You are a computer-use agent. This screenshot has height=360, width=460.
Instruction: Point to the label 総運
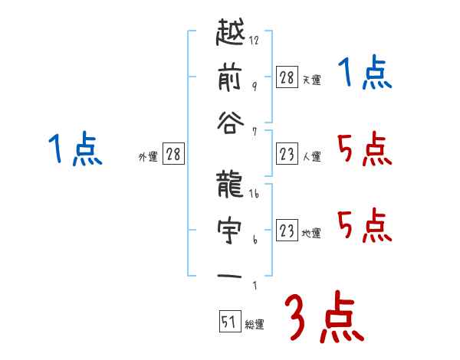pyautogui.click(x=255, y=325)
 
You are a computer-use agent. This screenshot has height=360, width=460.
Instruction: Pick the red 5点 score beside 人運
pyautogui.click(x=364, y=150)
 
